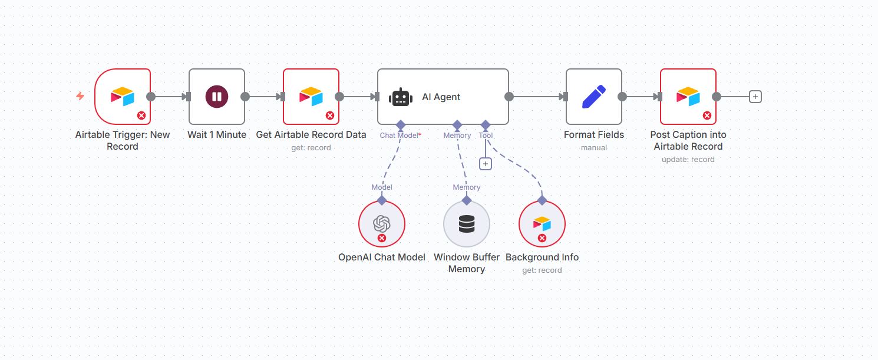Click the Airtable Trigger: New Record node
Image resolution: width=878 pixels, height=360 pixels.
coord(123,97)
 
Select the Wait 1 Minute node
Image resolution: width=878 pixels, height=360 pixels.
coord(217,97)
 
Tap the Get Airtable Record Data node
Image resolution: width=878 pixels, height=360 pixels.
coord(311,97)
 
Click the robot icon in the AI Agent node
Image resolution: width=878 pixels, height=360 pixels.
coord(401,97)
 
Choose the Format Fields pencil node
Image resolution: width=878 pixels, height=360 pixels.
coord(594,97)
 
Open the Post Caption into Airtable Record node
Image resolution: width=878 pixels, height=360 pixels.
coord(688,97)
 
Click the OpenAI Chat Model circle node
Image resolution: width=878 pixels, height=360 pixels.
coord(382,224)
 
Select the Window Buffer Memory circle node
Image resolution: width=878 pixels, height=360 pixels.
coord(467,224)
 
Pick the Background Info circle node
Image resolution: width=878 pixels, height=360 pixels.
coord(542,224)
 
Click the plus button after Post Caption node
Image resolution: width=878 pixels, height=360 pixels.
coord(755,97)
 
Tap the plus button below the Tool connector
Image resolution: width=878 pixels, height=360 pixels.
coord(486,164)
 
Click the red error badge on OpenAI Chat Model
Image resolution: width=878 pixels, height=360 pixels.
coord(382,238)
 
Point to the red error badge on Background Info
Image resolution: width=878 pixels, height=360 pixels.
coord(542,238)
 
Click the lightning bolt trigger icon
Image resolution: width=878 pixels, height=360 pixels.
coord(80,96)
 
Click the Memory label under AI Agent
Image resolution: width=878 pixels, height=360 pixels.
coord(457,136)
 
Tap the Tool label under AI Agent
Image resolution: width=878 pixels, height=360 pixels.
coord(486,136)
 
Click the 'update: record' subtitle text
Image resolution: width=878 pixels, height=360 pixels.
coord(688,159)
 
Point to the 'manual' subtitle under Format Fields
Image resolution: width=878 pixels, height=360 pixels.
coord(594,147)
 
